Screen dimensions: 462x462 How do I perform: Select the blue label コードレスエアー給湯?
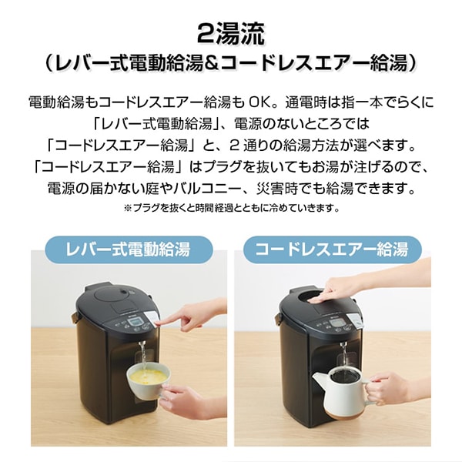pyautogui.click(x=333, y=249)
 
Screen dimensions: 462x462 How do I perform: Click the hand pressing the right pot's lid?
pyautogui.click(x=339, y=286)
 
